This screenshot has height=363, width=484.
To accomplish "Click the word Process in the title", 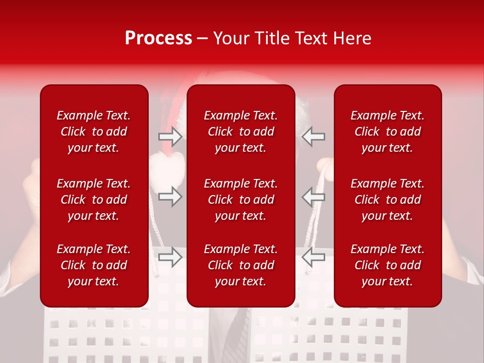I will [x=158, y=38].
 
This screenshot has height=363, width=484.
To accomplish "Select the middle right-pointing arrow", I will [x=170, y=196].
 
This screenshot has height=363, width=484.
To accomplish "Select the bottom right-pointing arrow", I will [x=170, y=257].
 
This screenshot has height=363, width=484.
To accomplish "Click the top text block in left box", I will [x=94, y=132].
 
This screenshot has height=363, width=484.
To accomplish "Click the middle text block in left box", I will [x=94, y=200].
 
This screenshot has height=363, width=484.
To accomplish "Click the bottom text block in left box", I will [x=94, y=265].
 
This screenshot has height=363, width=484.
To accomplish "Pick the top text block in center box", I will [x=240, y=132].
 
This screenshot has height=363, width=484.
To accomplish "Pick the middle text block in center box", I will [x=240, y=200].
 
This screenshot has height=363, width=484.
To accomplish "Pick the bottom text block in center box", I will [x=240, y=265].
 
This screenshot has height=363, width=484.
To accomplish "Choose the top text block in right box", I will [x=387, y=132].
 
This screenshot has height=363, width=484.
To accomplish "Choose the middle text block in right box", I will [x=387, y=200].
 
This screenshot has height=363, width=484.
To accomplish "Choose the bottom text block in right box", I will [x=387, y=265].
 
